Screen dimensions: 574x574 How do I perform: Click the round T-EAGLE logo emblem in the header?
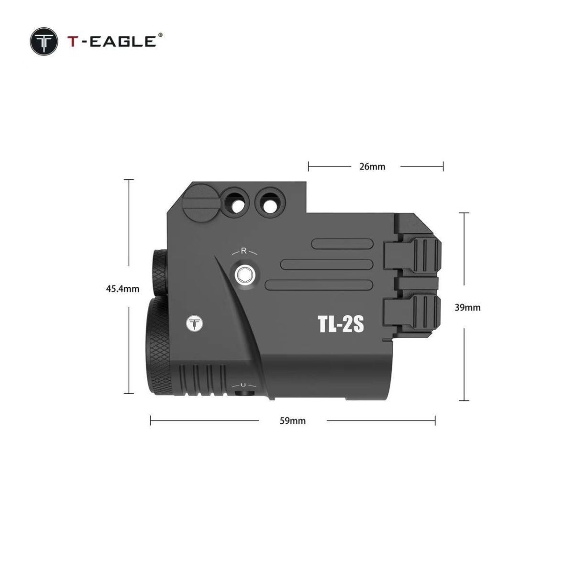[x=44, y=42]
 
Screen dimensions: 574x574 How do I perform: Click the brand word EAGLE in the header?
[x=122, y=42]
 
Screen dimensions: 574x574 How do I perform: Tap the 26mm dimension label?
[x=372, y=166]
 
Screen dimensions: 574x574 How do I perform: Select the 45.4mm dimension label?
[x=123, y=288]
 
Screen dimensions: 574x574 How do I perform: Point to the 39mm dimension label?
[x=467, y=308]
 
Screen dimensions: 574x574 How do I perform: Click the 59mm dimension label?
[x=293, y=420]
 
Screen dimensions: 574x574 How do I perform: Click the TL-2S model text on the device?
[x=341, y=324]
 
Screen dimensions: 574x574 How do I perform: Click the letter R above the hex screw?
[x=243, y=251]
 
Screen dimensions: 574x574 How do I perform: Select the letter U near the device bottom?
[x=243, y=385]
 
